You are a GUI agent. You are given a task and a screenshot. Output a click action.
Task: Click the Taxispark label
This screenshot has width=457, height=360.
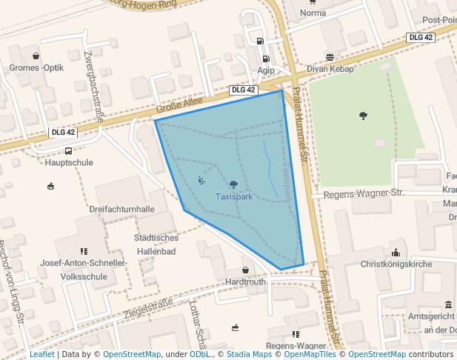coord(234,197)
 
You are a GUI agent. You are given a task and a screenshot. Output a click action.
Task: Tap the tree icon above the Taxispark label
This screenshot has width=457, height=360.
coord(234,184)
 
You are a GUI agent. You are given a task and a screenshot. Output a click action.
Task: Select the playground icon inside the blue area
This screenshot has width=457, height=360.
coord(201,180)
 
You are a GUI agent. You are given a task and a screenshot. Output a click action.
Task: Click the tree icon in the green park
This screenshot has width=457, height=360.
coord(363,115)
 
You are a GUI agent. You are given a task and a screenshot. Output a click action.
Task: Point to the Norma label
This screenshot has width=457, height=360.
coord(313,13)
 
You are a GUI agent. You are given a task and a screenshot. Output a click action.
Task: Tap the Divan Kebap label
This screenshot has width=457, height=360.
coord(330,69)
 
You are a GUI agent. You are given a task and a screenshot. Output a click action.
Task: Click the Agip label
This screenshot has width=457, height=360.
coord(266,71)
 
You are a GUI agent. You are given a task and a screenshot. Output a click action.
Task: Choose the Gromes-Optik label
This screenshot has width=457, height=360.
coord(36,68)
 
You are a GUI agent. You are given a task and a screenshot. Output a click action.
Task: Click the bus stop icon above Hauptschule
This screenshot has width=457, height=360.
coord(68,150)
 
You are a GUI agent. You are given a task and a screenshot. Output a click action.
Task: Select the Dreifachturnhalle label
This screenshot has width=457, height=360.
coord(121,210)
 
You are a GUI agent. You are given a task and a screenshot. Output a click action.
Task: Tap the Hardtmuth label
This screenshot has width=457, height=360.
coord(245,282)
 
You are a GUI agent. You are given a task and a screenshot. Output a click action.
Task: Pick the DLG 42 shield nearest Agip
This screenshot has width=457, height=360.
coord(243,90)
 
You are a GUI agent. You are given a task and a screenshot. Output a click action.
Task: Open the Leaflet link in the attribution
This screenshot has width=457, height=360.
coord(41,355)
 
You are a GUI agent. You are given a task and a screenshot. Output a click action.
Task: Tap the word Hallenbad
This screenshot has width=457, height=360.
coord(156,252)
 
